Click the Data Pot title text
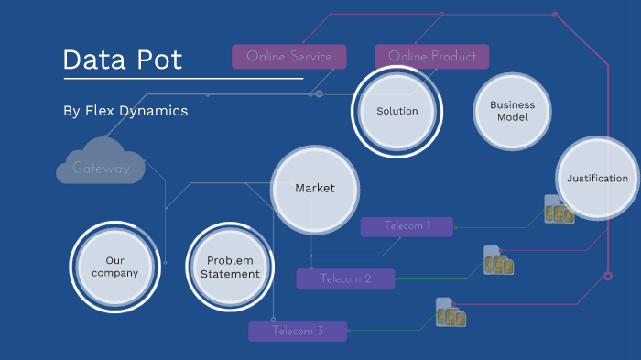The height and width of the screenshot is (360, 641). (123, 60)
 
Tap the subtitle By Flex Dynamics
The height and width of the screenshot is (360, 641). (125, 111)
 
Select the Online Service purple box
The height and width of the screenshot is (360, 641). (289, 57)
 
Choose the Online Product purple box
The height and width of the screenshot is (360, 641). (431, 57)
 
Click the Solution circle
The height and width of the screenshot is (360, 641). (397, 112)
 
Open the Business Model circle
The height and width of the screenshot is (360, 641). (512, 112)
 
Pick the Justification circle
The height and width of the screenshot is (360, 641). (597, 179)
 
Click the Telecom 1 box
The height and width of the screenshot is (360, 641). (407, 226)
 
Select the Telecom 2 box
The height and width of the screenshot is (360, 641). (345, 279)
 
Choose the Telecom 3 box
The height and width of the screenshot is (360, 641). (298, 331)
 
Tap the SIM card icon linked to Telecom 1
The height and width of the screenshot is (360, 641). (558, 210)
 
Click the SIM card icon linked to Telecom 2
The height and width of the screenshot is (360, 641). (497, 261)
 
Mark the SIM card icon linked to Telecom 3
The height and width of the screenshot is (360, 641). (450, 313)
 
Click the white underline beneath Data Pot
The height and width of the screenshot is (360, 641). (182, 79)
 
